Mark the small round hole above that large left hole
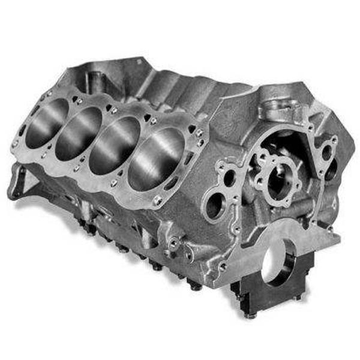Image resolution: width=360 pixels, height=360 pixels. (229, 177)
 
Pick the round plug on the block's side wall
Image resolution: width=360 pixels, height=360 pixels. (173, 243)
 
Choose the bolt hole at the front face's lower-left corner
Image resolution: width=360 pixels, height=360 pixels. (223, 265)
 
